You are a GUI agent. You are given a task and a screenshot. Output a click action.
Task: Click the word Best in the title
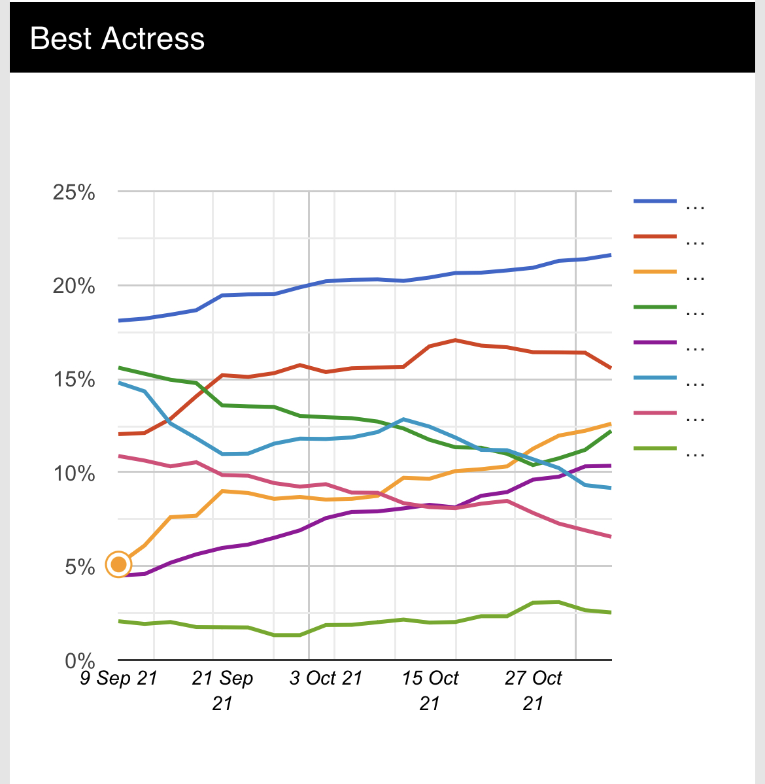point(60,39)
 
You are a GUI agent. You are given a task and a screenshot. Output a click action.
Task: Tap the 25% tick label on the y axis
point(74,193)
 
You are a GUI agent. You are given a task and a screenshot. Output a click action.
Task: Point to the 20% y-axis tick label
point(74,286)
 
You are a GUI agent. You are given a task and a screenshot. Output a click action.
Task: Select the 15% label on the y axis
point(74,380)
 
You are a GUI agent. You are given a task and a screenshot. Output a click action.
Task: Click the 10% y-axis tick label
point(74,473)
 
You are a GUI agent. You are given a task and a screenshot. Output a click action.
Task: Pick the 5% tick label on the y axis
point(80,567)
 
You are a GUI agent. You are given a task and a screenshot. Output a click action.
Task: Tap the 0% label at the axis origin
point(80,660)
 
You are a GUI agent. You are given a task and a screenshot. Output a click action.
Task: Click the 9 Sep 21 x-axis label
point(119,679)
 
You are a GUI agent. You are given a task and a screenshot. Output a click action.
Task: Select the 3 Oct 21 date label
point(326,679)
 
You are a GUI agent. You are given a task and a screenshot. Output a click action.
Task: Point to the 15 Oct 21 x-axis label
point(430,690)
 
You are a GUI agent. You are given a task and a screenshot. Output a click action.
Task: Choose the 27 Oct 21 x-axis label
point(533,690)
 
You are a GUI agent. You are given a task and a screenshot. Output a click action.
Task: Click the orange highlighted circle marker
point(118,564)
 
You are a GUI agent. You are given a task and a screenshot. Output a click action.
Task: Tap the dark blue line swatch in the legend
point(655,201)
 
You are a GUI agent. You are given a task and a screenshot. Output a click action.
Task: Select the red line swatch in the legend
point(655,236)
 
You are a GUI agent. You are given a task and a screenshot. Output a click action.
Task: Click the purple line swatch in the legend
point(655,342)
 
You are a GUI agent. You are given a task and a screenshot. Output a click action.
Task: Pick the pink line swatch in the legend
point(655,413)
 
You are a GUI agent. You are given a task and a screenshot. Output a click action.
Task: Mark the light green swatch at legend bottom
point(655,449)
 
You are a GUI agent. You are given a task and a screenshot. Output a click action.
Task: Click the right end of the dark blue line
point(610,255)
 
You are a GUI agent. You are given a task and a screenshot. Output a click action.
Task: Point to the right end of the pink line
point(610,537)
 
